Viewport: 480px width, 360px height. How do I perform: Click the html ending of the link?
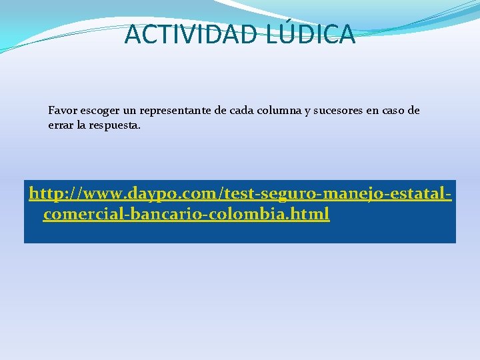[311, 215]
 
